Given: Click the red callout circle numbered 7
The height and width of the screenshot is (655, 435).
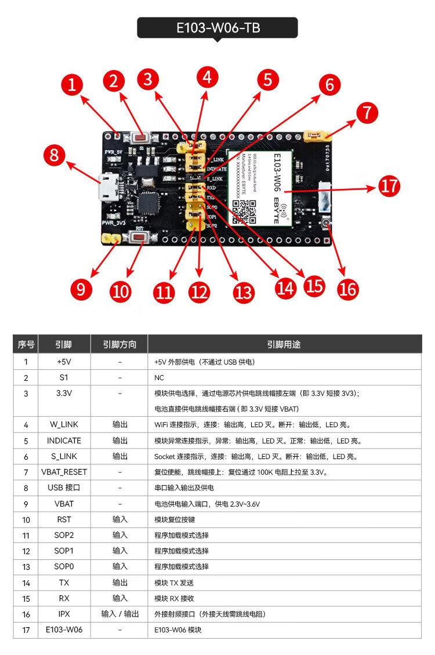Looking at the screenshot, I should (x=367, y=112).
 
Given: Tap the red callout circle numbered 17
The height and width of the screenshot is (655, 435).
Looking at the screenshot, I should (x=389, y=187).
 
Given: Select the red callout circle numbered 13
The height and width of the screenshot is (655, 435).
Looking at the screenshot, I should (x=244, y=292).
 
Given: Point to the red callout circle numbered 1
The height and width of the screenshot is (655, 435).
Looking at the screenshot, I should (x=72, y=85).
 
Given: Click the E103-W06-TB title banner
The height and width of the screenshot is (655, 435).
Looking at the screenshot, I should (x=217, y=28).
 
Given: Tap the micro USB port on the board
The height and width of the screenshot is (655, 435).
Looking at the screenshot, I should (x=108, y=188).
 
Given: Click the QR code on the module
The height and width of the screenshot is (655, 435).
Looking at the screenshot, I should (x=244, y=211).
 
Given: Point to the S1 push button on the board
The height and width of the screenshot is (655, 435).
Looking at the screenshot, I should (x=140, y=138).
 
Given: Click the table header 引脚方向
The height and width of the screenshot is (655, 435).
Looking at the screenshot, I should (x=119, y=344).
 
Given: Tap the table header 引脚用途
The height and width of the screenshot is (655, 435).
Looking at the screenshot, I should (x=284, y=344).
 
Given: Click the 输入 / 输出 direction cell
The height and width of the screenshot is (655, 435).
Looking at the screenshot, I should (x=119, y=614).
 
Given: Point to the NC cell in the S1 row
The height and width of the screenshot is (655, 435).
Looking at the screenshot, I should (x=159, y=377).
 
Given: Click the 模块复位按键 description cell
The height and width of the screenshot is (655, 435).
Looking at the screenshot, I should (x=175, y=519).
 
